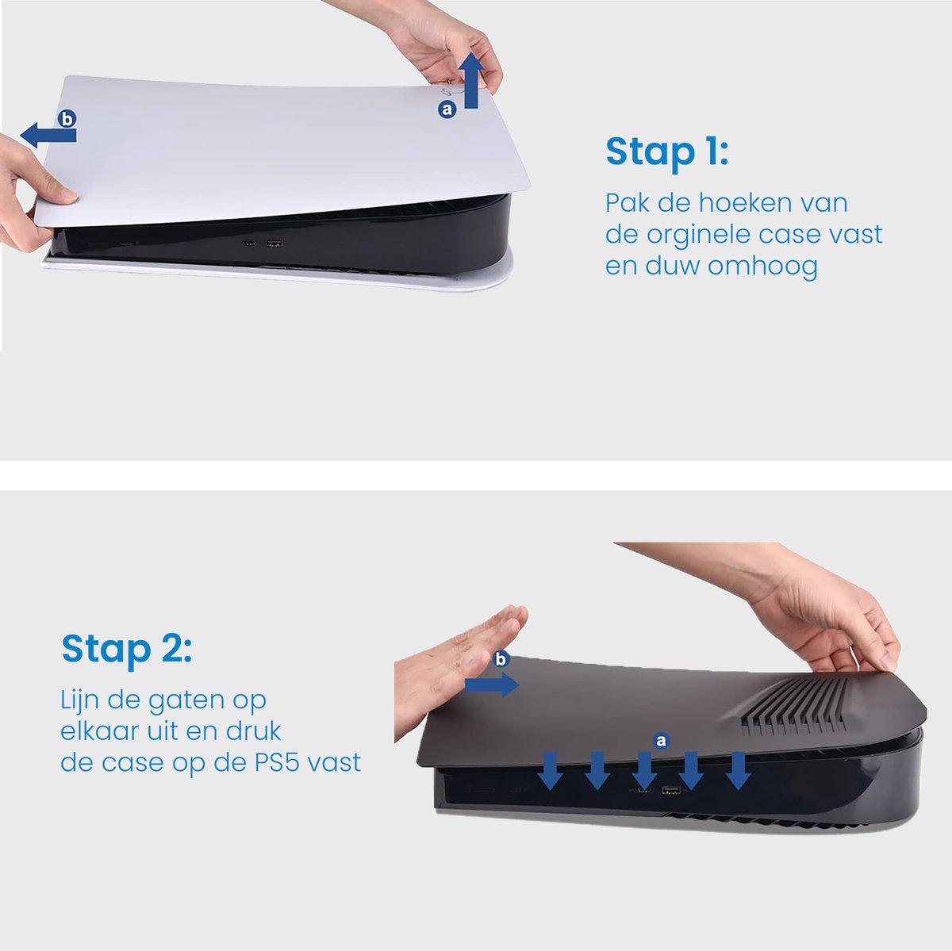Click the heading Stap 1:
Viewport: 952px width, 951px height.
(x=666, y=152)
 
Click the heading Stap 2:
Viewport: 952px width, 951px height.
(x=126, y=649)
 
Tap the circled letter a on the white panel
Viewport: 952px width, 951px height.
(x=447, y=109)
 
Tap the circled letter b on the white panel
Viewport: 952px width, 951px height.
(x=67, y=119)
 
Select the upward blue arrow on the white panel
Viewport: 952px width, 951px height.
(x=473, y=81)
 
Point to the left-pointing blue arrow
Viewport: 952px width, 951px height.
(x=48, y=136)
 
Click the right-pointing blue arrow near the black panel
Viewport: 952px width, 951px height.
(x=492, y=684)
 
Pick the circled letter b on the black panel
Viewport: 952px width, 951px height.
(x=501, y=658)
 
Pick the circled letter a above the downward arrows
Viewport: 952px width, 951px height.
(x=661, y=741)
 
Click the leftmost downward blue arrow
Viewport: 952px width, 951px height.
(x=550, y=771)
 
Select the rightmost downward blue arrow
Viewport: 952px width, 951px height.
(x=738, y=771)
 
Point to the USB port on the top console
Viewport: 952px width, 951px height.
(x=274, y=243)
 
